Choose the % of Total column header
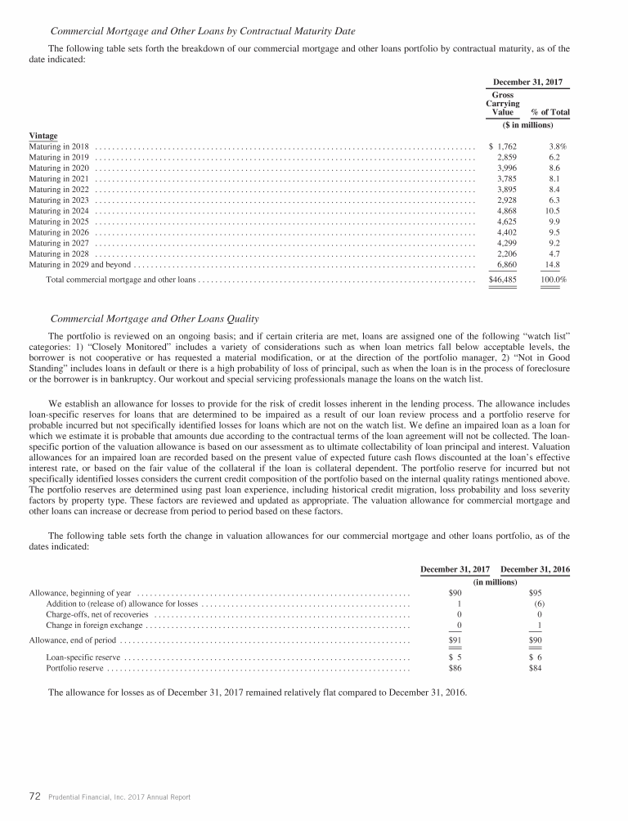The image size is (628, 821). [x=550, y=112]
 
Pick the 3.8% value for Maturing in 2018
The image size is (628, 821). [x=558, y=146]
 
